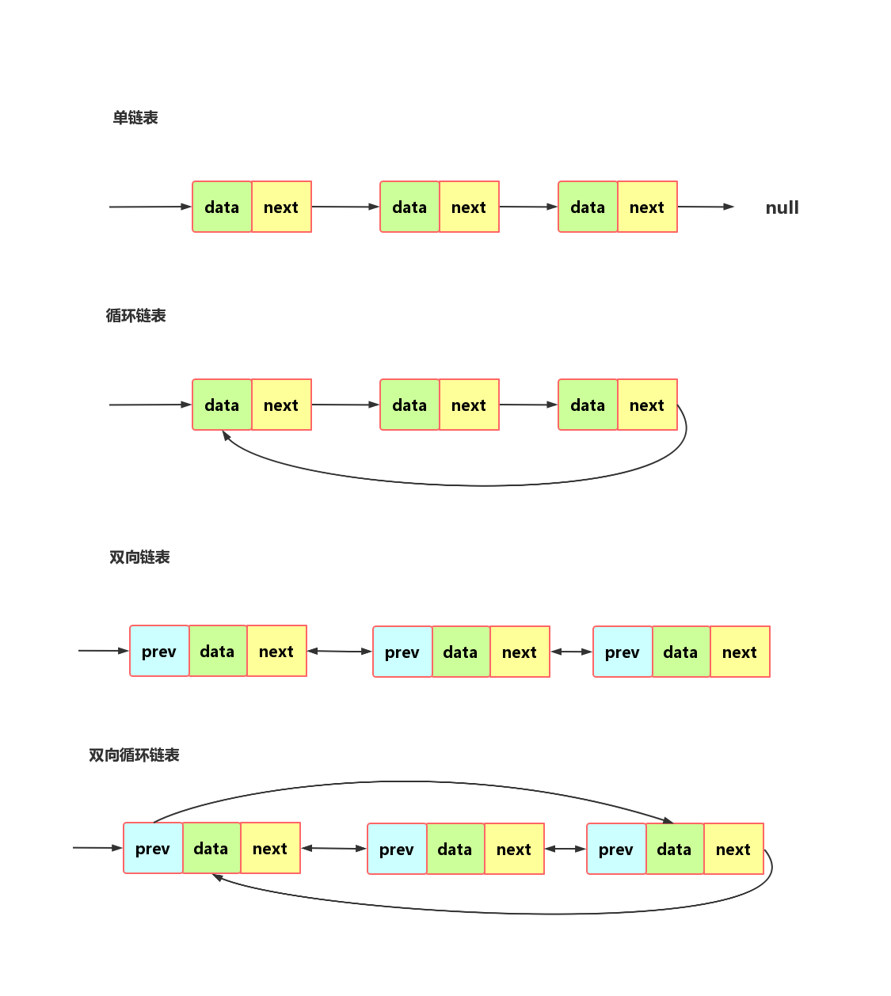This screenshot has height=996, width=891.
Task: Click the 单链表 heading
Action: point(135,118)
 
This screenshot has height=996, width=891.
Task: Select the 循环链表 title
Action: point(135,316)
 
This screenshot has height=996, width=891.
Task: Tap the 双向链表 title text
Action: point(139,557)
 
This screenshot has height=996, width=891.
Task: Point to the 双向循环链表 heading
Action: point(134,755)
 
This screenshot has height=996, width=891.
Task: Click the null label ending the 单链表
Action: point(782,208)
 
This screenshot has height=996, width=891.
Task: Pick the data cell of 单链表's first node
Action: point(222,207)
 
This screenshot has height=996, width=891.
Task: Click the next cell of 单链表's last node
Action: point(647,207)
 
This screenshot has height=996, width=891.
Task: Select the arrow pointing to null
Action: point(706,207)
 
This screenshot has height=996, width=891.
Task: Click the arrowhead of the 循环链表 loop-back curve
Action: point(226,435)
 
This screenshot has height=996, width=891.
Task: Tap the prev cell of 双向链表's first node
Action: point(159,652)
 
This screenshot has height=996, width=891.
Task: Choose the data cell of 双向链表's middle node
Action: point(460,652)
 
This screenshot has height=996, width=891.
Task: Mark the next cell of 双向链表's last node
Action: point(740,652)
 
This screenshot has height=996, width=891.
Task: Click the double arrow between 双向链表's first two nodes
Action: point(340,651)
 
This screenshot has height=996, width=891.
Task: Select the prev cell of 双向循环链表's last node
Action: point(616,850)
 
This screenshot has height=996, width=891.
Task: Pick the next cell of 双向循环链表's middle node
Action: point(514,850)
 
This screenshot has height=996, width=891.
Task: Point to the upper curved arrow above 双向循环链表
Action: point(412,782)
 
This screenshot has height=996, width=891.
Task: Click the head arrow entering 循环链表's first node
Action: point(150,405)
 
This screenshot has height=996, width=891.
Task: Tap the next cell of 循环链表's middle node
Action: point(469,405)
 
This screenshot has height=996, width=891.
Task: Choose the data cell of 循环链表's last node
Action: point(588,405)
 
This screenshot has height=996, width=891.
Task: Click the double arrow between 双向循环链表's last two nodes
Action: point(565,849)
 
